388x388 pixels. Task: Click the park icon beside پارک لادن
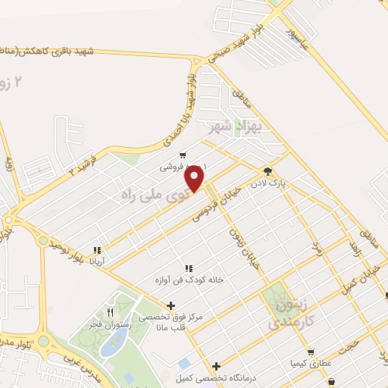267,170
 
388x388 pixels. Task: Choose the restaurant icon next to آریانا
96,250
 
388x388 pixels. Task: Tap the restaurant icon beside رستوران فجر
110,311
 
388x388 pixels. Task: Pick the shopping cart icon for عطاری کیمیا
310,352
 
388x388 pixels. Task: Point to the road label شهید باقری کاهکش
48,52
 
